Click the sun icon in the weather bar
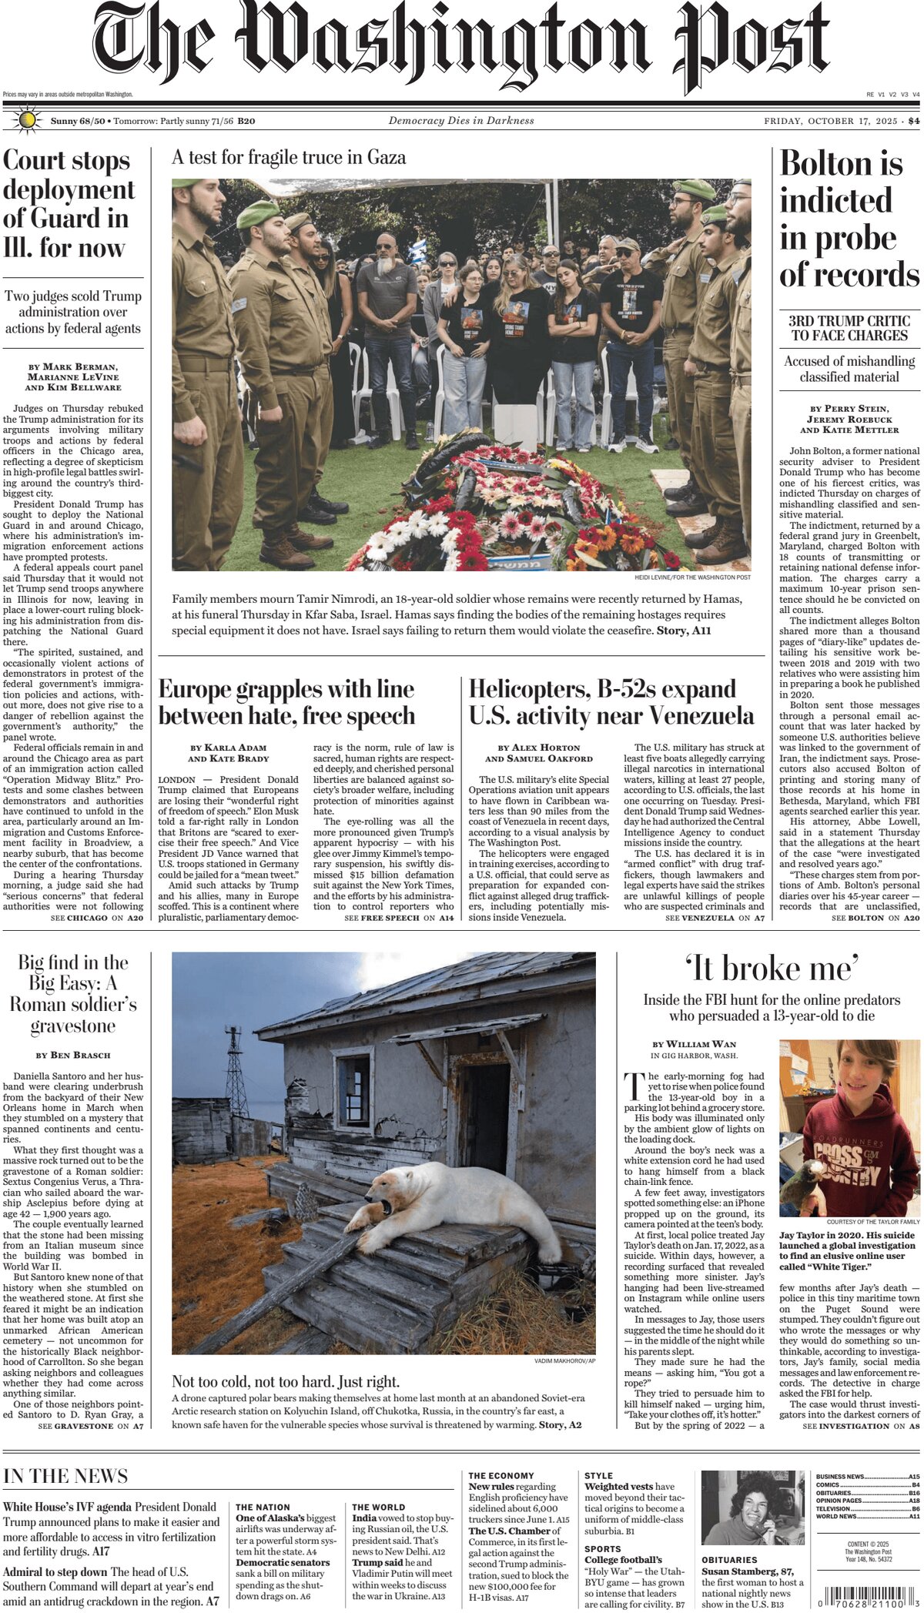point(28,120)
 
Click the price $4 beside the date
point(913,121)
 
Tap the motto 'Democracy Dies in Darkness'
point(460,121)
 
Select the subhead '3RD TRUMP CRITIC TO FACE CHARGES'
point(849,328)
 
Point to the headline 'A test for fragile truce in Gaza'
point(289,158)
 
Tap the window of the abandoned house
point(353,1081)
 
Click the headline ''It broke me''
point(772,969)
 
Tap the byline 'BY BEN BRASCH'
point(73,1055)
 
